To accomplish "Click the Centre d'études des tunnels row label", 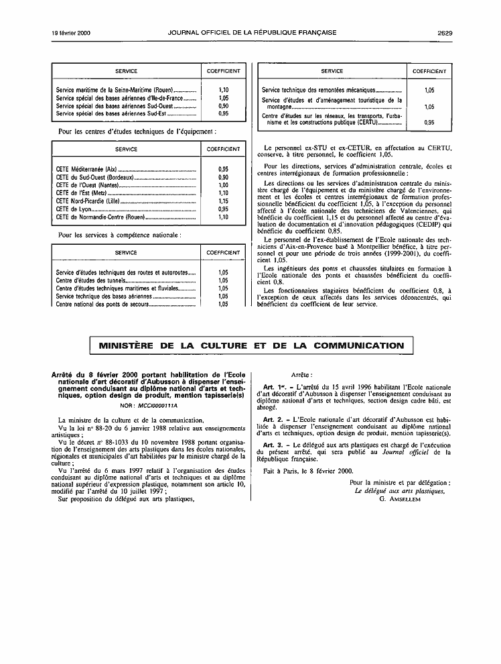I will point(84,280).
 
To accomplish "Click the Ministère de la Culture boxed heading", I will point(251,346).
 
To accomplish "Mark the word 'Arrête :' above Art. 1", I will point(301,374).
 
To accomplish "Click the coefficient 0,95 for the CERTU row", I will point(429,123).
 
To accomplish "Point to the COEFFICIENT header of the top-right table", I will point(429,71).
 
